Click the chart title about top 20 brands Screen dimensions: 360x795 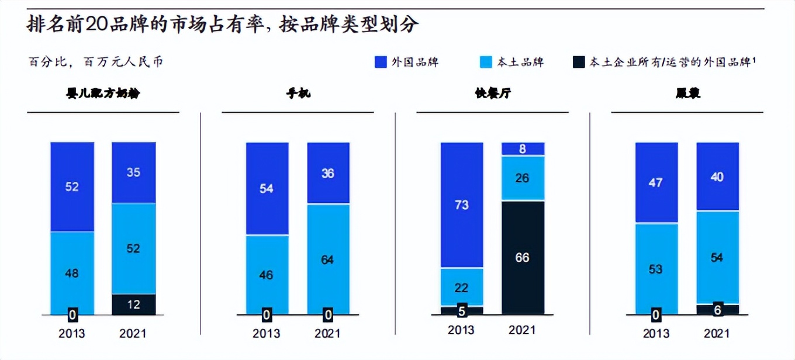[223, 25]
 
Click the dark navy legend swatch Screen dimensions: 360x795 [579, 62]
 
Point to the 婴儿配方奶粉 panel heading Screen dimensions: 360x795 [103, 93]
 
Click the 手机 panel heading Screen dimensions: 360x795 [298, 93]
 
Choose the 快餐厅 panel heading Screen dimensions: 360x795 [493, 93]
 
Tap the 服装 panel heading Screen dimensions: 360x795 [687, 93]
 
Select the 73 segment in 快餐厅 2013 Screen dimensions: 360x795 [462, 205]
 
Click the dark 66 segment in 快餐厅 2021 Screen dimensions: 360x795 [522, 258]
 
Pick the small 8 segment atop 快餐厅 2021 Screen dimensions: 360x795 [522, 149]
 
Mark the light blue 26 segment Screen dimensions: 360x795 [522, 178]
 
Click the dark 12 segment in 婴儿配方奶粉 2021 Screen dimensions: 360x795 [133, 304]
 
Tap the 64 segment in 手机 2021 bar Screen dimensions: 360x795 [328, 259]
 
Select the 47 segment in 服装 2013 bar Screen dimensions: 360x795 [656, 182]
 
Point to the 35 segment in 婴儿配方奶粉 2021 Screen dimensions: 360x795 [133, 172]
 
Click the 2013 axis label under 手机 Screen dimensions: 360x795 [267, 334]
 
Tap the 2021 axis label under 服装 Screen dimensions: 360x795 [717, 334]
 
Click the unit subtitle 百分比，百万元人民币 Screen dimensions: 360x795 [96, 62]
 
